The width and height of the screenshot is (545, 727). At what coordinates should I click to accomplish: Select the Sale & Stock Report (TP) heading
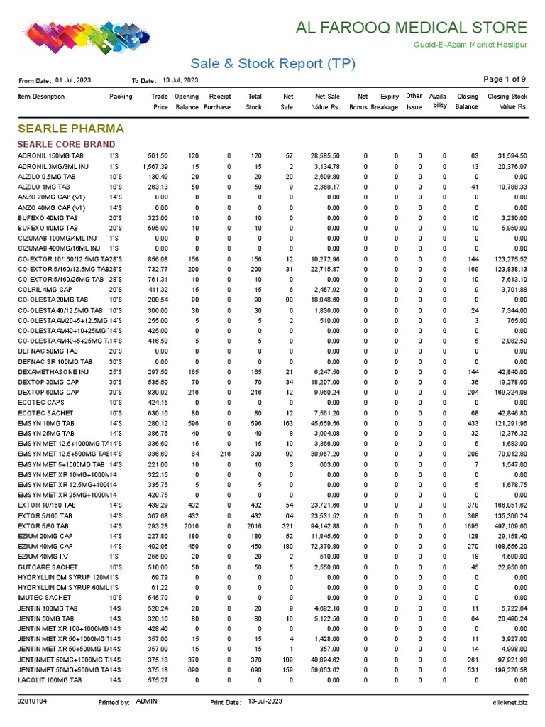272,64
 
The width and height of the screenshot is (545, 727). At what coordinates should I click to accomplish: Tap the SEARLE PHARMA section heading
70,129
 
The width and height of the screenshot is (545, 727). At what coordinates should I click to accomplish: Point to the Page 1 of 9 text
505,79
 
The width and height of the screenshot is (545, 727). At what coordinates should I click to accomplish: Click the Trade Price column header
160,102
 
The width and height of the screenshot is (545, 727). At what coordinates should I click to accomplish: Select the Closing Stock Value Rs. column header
507,102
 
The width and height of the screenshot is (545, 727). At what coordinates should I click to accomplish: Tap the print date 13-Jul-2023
265,701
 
